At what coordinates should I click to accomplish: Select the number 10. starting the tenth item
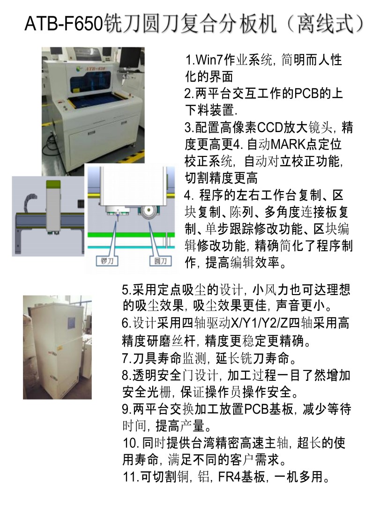(x=129, y=442)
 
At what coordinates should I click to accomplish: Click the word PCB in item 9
(x=256, y=408)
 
